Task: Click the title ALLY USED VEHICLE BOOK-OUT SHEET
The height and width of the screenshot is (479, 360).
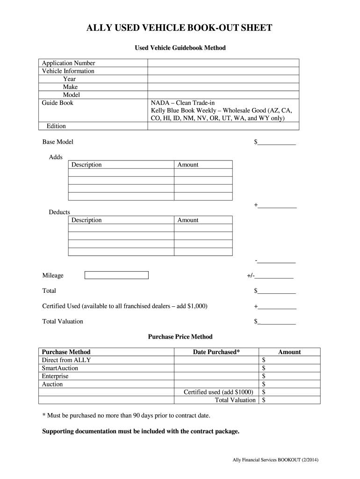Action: (180, 29)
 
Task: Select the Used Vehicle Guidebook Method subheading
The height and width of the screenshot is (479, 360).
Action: (180, 48)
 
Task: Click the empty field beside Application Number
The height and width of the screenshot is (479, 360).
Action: (223, 63)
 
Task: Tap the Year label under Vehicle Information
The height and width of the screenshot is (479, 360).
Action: (69, 79)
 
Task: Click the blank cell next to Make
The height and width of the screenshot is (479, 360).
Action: (223, 87)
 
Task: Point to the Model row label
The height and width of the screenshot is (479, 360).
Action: (71, 95)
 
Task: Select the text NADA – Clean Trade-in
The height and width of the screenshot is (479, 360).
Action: (183, 103)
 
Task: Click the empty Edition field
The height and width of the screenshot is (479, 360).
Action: (223, 126)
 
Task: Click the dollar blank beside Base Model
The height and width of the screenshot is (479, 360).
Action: (277, 142)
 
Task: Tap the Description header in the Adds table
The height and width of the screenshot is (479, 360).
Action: (86, 165)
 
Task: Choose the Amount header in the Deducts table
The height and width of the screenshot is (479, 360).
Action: (188, 220)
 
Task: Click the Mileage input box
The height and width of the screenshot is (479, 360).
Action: (116, 275)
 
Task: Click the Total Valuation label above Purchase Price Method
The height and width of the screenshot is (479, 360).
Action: (63, 321)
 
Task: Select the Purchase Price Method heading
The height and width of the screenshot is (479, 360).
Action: (180, 336)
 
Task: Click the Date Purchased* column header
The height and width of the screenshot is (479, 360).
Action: (216, 352)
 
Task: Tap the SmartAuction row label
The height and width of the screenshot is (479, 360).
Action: (60, 368)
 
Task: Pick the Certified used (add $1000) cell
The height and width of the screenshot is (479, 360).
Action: (218, 392)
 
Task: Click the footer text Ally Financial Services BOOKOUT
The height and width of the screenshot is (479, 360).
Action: (276, 460)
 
